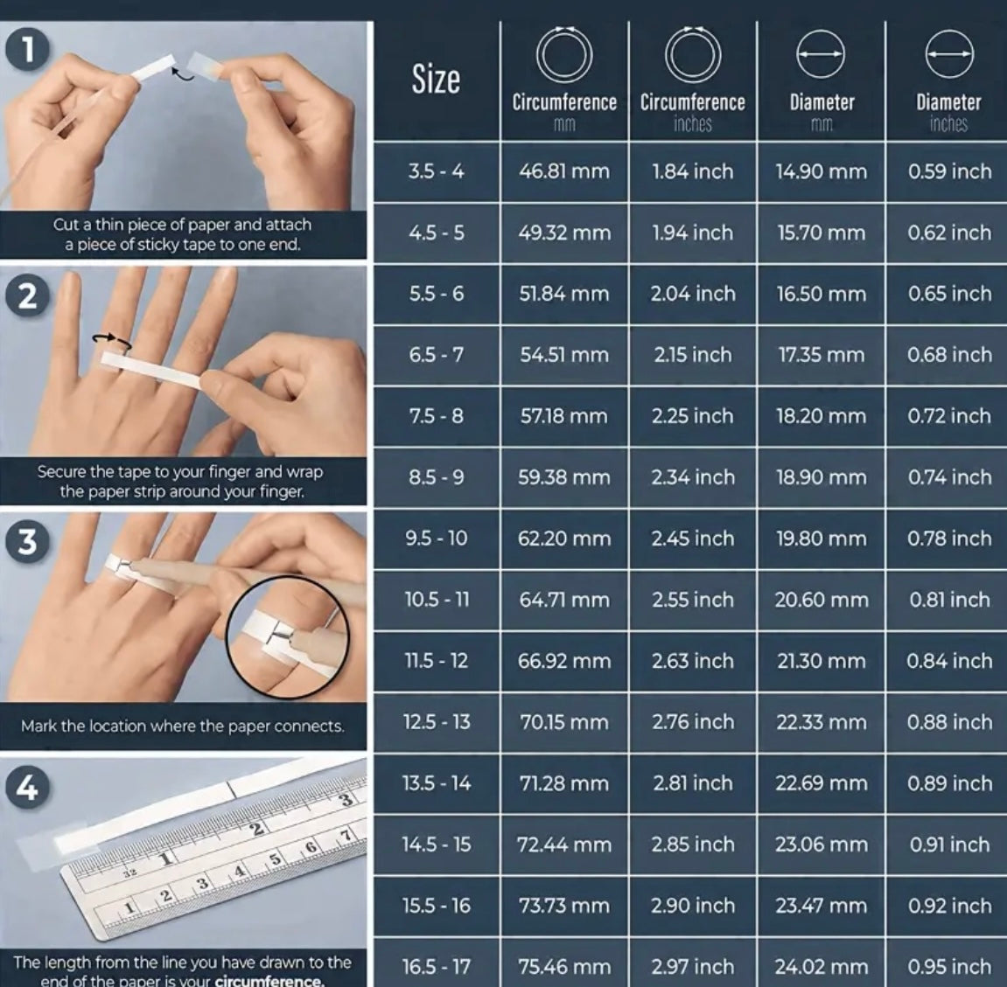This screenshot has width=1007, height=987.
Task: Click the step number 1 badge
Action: tap(28, 50)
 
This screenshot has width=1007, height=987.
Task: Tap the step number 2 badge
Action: tap(28, 295)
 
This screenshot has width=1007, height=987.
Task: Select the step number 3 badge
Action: tap(28, 541)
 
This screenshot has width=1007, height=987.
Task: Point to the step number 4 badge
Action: tap(26, 787)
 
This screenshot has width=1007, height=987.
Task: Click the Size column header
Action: tap(436, 80)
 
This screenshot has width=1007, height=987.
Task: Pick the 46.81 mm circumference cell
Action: tap(564, 171)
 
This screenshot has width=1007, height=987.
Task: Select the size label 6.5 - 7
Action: tap(436, 355)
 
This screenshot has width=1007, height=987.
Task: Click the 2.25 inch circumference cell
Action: tap(692, 416)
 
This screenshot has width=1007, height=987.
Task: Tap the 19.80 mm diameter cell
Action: tap(821, 539)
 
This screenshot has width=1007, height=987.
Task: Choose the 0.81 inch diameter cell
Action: tap(949, 600)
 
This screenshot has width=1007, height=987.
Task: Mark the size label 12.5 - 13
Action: tap(436, 722)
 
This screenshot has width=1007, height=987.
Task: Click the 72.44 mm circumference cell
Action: tap(564, 845)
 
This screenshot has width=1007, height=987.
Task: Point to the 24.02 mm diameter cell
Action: tap(821, 967)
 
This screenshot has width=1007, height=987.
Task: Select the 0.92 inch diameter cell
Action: tap(949, 906)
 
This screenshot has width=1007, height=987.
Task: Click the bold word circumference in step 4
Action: tap(269, 981)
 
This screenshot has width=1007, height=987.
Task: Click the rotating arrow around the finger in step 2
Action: tap(112, 341)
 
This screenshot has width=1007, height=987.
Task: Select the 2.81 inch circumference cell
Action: tap(692, 783)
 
